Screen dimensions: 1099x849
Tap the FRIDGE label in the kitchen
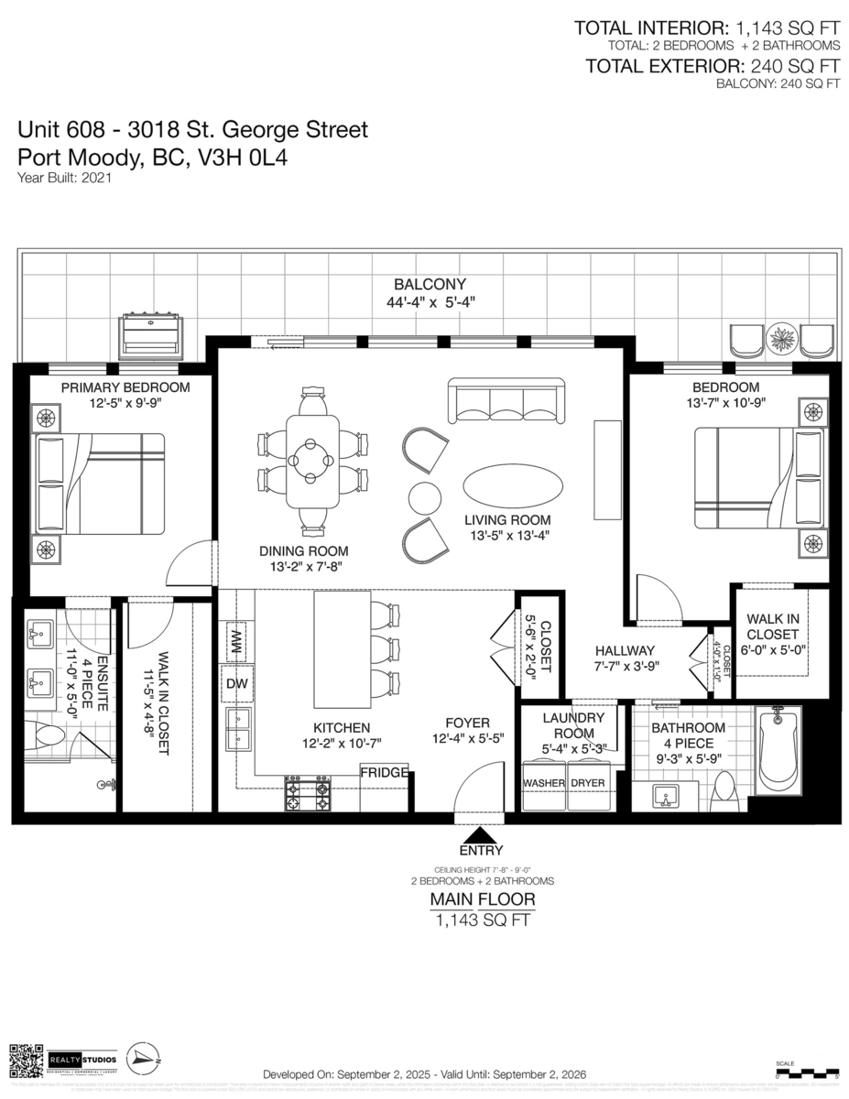pos(384,773)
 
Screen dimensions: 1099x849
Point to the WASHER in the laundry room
pos(543,784)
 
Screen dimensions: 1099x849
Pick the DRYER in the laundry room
pos(588,784)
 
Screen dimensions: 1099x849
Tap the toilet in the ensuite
pos(46,734)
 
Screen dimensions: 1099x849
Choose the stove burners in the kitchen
pos(309,794)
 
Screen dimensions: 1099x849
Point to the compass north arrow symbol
pos(143,1059)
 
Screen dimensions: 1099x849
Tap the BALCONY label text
pos(430,285)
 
